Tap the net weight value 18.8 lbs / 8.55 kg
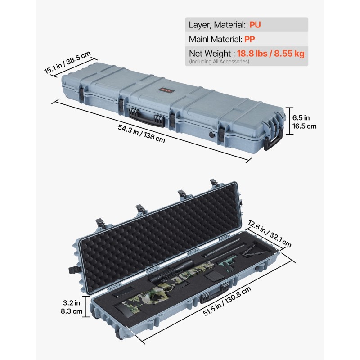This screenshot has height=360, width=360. [x=270, y=54]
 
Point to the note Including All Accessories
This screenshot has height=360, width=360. [x=219, y=61]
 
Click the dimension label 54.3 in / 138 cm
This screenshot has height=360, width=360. [x=141, y=134]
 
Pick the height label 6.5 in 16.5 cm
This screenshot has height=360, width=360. [x=304, y=121]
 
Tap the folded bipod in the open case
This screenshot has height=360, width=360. [x=255, y=250]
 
